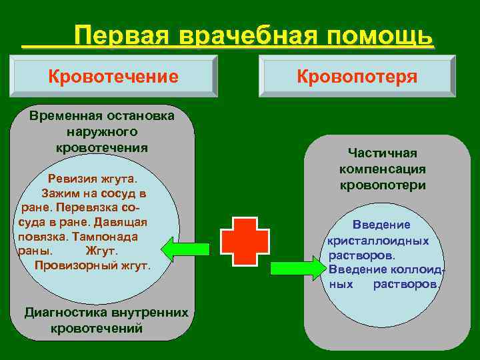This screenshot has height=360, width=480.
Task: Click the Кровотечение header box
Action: [113, 77]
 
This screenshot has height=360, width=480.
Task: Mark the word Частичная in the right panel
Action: [383, 153]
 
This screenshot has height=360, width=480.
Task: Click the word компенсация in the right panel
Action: [383, 169]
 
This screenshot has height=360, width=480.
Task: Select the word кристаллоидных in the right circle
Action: [378, 240]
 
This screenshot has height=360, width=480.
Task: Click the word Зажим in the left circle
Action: [59, 193]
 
